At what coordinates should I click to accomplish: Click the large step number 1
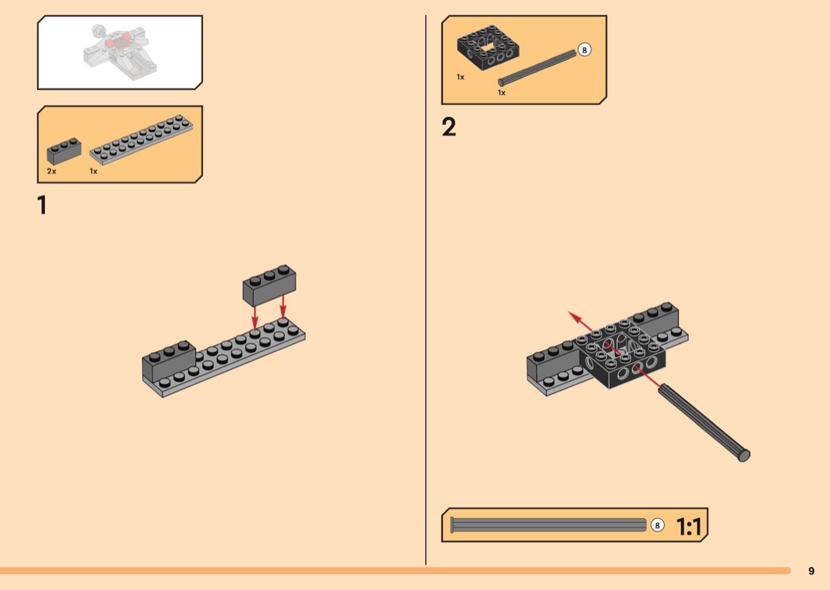point(42,205)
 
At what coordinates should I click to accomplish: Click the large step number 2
point(448,127)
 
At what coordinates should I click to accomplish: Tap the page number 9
point(812,571)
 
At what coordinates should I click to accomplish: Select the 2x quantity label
point(51,171)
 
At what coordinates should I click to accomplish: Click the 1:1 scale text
point(689,527)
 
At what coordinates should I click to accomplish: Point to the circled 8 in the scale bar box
point(657,525)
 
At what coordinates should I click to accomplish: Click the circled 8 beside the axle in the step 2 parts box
point(584,50)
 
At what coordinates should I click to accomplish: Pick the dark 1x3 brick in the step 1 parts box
point(64,151)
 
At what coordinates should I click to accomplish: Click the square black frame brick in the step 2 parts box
point(488,47)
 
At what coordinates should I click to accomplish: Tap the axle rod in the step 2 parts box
point(538,68)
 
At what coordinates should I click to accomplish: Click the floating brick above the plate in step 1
point(270,285)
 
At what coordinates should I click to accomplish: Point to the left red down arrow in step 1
point(255,317)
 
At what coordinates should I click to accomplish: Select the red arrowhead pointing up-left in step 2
point(575,318)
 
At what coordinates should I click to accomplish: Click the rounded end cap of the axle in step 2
point(744,455)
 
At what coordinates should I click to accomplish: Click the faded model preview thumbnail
point(119,52)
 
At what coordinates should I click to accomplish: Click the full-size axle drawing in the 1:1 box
point(549,525)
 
